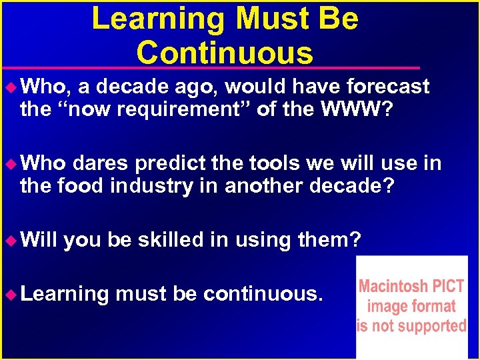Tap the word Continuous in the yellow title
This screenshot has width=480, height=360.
coord(224,52)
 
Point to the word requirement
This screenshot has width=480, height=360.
coord(179,109)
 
